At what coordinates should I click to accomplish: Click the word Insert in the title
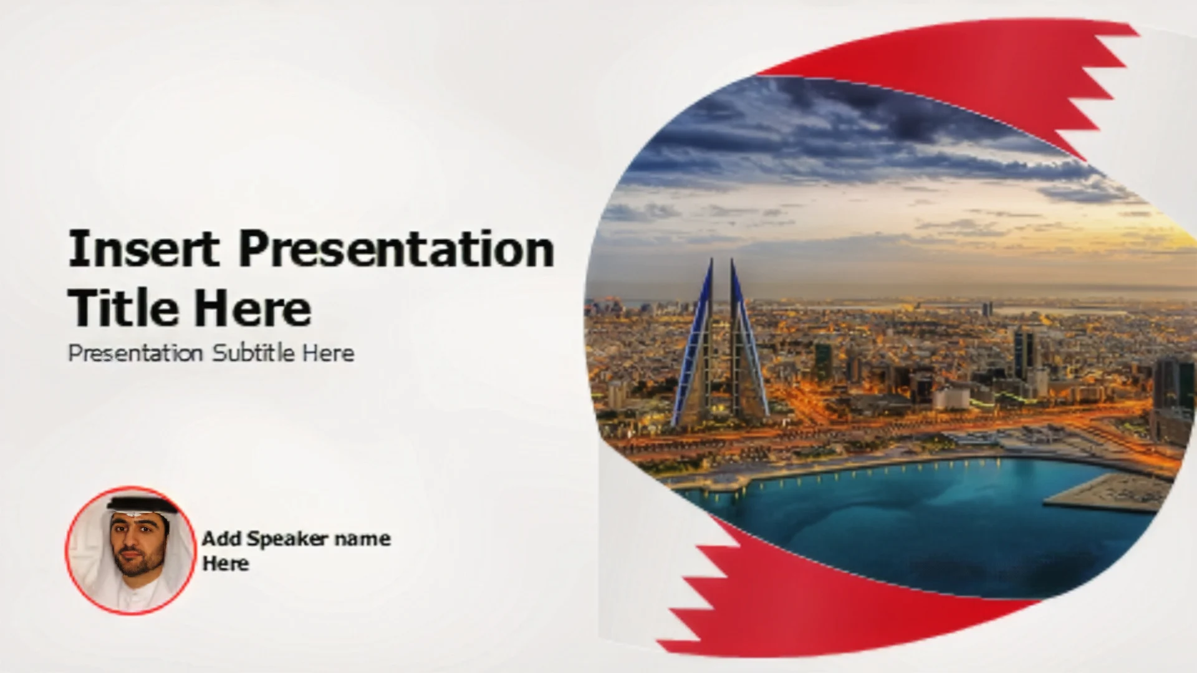click(143, 248)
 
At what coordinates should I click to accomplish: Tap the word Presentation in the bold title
click(397, 248)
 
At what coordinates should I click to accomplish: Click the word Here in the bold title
click(252, 308)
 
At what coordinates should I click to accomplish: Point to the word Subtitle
click(254, 353)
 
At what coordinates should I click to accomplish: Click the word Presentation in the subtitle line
click(135, 353)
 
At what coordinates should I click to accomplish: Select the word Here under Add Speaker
click(225, 563)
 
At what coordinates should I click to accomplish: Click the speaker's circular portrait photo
click(130, 551)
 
